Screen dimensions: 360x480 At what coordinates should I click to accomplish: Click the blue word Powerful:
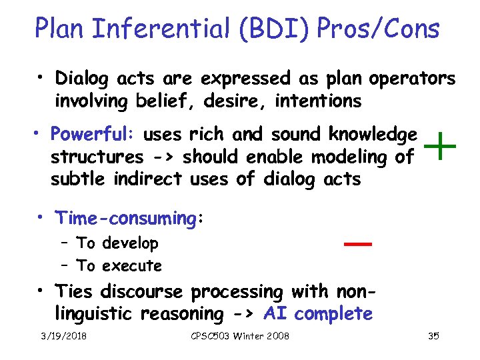click(x=93, y=135)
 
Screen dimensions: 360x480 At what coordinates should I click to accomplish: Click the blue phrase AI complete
click(x=318, y=313)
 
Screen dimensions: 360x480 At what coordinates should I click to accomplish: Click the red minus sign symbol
click(x=357, y=245)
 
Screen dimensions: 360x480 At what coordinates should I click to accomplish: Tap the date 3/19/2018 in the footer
click(x=64, y=336)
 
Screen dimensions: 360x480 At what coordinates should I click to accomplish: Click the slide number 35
click(x=433, y=336)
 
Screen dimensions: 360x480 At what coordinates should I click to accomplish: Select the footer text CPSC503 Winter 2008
click(x=239, y=336)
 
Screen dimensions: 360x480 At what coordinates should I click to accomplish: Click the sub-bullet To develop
click(x=117, y=243)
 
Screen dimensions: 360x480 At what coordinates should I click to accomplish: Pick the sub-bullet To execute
click(x=119, y=266)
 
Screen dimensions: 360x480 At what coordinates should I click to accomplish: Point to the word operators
click(x=410, y=79)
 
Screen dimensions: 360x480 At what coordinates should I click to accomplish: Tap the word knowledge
click(x=373, y=135)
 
